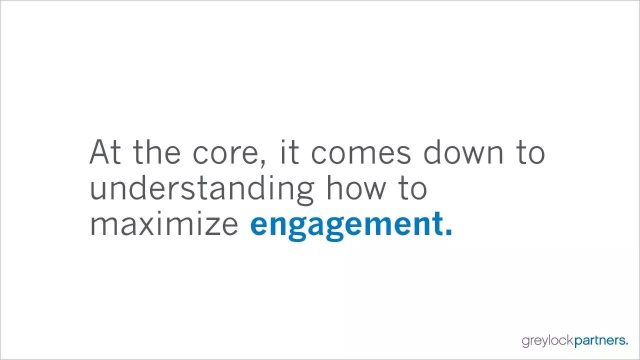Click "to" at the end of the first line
(x=530, y=153)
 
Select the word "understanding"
(x=202, y=189)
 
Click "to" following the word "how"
(x=412, y=188)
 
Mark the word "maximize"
(x=164, y=222)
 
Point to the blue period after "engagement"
(x=448, y=231)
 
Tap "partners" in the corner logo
(x=598, y=341)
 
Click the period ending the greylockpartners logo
(x=626, y=343)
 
